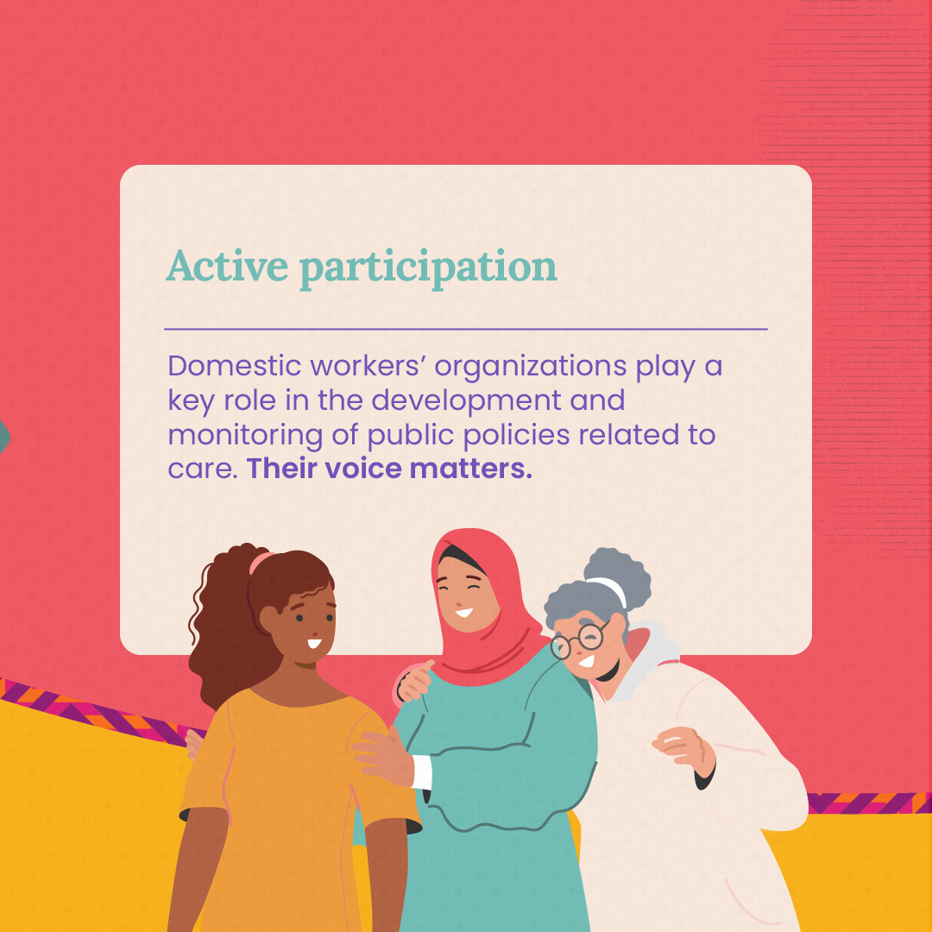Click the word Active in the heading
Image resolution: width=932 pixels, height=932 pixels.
[227, 266]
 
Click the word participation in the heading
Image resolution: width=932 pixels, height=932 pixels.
[429, 269]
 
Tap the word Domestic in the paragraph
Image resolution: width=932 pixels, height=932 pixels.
[235, 365]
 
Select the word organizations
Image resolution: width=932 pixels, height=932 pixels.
[530, 368]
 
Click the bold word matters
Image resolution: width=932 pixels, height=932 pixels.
[471, 469]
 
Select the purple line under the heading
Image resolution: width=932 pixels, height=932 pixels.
[466, 329]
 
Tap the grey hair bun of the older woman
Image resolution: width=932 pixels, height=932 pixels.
[617, 576]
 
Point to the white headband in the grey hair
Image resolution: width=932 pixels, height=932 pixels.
[608, 589]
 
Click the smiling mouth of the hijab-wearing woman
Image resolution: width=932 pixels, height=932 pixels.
[463, 612]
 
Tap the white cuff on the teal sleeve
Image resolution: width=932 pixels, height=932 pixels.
[421, 772]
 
